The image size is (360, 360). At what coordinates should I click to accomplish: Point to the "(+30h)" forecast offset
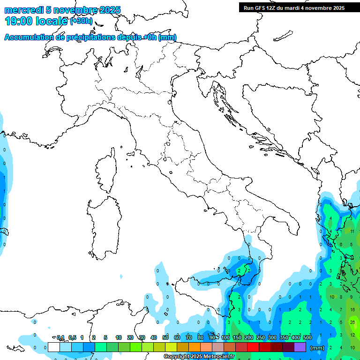81,21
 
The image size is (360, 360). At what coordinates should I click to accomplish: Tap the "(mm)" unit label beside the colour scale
317,347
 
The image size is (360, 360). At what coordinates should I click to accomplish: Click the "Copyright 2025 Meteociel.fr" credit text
198,356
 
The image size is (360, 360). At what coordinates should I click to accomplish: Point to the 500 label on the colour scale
307,337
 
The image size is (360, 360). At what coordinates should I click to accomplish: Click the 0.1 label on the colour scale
60,337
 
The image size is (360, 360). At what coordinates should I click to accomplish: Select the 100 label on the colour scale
225,337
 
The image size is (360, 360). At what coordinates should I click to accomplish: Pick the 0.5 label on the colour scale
72,337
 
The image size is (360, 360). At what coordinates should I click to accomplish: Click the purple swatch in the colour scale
300,347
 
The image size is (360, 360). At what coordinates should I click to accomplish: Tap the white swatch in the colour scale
53,347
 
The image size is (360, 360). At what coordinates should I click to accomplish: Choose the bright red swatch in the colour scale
253,347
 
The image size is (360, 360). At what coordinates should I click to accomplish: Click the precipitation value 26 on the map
352,322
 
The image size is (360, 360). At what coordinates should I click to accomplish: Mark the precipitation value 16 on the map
352,310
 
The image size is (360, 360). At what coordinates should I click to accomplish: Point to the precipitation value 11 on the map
352,232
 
